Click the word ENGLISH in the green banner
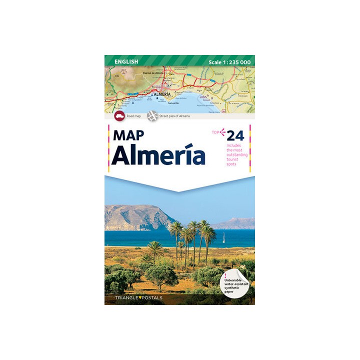point(126,61)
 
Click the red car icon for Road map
point(119,116)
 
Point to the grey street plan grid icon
point(152,116)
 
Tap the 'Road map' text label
point(133,116)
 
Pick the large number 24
point(235,135)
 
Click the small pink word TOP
point(215,132)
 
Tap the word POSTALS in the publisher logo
point(149,298)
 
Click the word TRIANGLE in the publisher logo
point(120,298)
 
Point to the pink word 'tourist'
point(232,159)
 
